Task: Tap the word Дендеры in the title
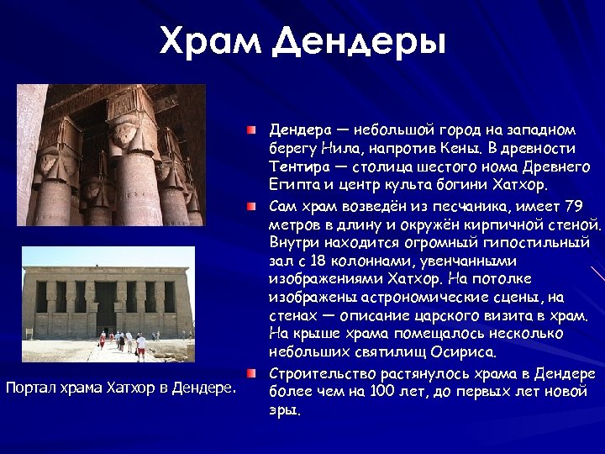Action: [x=359, y=40]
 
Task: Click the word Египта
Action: [x=292, y=184]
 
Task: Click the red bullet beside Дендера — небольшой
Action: [x=251, y=131]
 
